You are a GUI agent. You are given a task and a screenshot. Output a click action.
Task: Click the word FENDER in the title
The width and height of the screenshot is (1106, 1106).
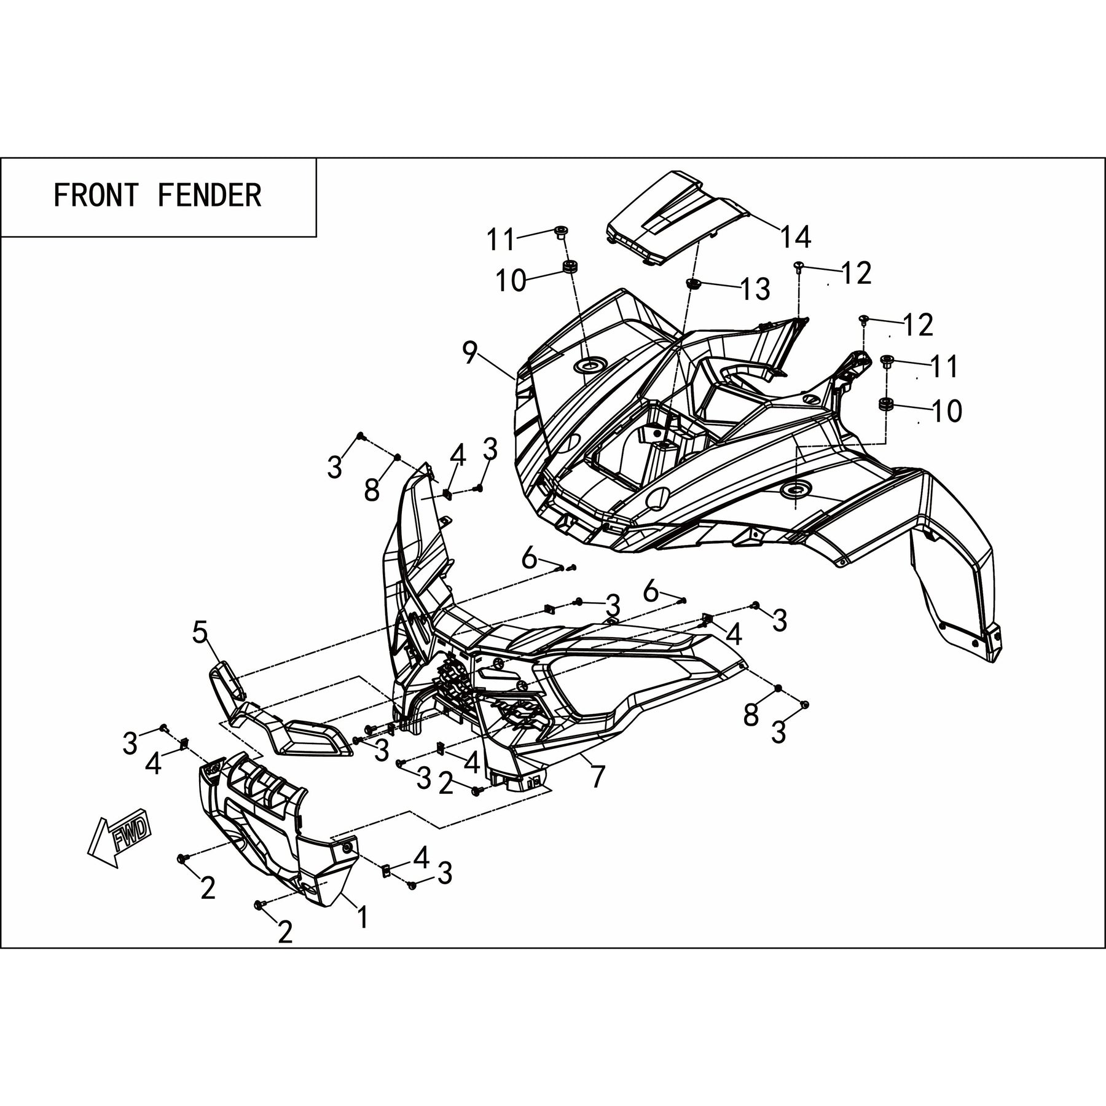coord(210,195)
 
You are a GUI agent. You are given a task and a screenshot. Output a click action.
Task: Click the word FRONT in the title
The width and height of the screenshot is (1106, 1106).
coord(96,195)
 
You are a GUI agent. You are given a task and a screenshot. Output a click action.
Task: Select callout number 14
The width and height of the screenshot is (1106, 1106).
coord(796,237)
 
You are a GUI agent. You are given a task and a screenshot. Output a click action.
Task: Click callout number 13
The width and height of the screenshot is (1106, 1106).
coord(755,289)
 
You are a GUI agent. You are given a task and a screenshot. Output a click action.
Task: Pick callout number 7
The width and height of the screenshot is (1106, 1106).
coord(597,775)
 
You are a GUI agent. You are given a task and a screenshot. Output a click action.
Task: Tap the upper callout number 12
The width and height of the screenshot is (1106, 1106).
coord(857,273)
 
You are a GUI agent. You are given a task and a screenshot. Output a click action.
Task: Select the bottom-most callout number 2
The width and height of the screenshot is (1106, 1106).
coord(285,950)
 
